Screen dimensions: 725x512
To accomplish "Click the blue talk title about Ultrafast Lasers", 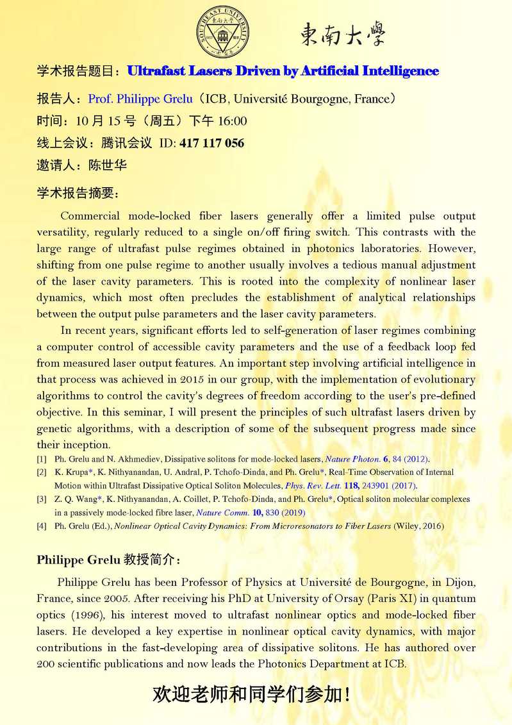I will coord(283,71).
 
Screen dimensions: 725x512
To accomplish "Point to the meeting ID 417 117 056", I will coord(212,143).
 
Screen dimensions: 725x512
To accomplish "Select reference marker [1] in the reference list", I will coord(42,459).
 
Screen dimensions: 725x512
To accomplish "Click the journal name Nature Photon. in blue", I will coord(354,459).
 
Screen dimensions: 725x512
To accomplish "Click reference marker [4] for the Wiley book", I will coord(42,526).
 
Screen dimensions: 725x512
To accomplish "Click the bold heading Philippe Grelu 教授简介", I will coord(109,559).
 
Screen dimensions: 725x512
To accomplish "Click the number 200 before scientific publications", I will coord(47,664).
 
